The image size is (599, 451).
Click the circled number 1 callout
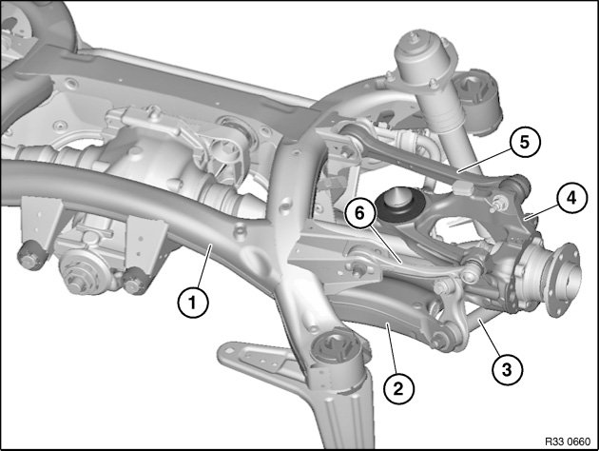click(x=193, y=303)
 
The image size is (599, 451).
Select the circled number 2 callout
click(x=398, y=389)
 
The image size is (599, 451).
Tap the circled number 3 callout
click(x=507, y=369)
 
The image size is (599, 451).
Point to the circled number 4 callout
click(x=571, y=198)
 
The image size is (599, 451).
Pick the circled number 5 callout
click(x=525, y=142)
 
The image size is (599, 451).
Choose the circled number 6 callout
click(x=359, y=213)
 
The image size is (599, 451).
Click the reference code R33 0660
click(x=568, y=441)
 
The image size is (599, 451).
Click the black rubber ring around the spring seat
click(x=399, y=208)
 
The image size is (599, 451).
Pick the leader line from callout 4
click(x=541, y=212)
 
